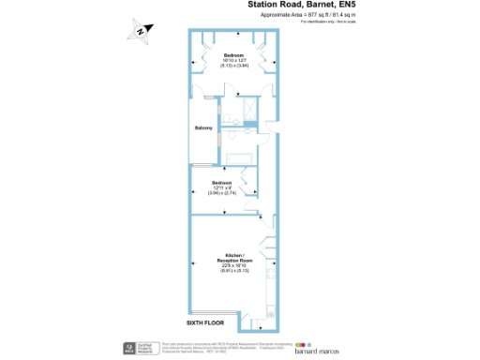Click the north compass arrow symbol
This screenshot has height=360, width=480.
coord(138,31)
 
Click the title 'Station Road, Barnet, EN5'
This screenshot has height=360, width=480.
coord(302,6)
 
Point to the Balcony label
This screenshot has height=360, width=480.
coord(203,127)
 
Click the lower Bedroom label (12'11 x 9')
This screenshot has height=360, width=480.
coord(221,182)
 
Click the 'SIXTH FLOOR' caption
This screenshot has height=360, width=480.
coord(205,323)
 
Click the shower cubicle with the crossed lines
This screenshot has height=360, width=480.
coord(252,112)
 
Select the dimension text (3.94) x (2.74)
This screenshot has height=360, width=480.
coord(221,192)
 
